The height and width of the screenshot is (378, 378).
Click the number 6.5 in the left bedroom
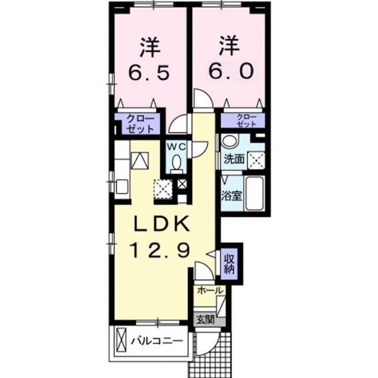click(149, 71)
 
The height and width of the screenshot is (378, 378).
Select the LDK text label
click(161, 224)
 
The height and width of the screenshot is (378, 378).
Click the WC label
click(177, 146)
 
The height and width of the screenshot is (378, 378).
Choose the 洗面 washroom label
click(234, 159)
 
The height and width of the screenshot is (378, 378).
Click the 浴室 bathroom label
click(232, 196)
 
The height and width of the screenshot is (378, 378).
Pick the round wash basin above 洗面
click(230, 140)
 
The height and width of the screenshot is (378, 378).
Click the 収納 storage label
click(229, 264)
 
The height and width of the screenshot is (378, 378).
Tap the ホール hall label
click(210, 291)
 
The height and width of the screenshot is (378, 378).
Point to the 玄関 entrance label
click(205, 320)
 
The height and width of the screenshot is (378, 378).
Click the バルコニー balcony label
click(157, 341)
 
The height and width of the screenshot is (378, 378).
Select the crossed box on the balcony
click(121, 340)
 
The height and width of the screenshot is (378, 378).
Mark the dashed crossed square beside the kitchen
click(163, 189)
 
